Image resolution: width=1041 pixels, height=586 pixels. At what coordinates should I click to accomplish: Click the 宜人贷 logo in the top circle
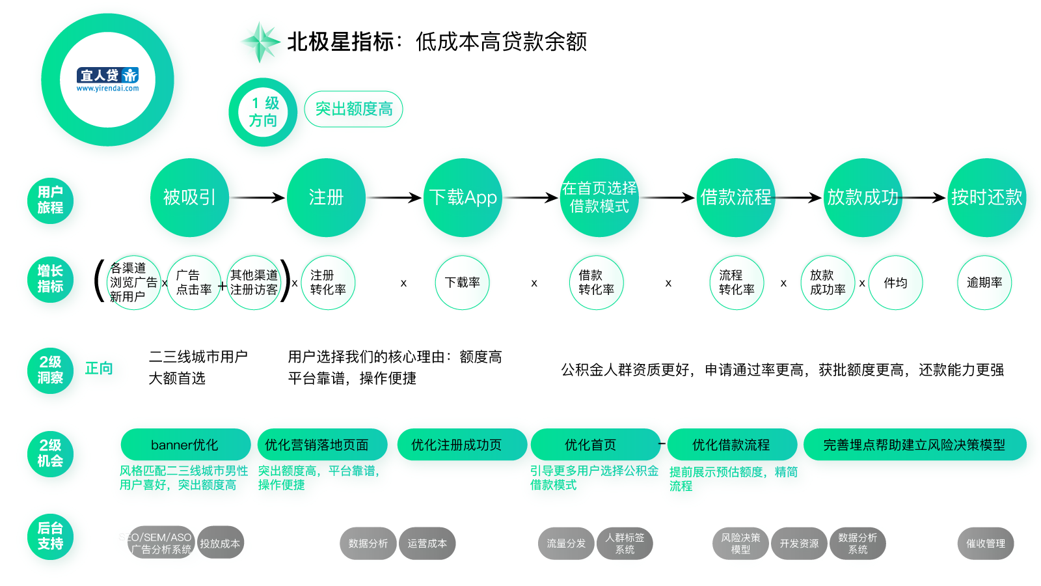click(x=107, y=79)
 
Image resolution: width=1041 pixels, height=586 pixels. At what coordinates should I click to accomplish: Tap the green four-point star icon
click(x=260, y=42)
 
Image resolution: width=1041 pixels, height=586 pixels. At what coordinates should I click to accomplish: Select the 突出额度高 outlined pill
click(x=353, y=109)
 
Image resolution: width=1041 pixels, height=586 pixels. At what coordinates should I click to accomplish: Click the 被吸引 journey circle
click(x=189, y=197)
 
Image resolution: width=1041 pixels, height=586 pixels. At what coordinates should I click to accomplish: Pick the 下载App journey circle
click(x=463, y=197)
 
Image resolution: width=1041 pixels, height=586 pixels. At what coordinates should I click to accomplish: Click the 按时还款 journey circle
click(x=986, y=197)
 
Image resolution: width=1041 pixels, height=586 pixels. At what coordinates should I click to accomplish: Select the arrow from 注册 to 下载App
click(x=394, y=197)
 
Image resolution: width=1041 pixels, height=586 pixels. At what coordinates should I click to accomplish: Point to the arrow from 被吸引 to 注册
click(x=258, y=197)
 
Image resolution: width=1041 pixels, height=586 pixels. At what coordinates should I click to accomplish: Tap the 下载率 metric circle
click(x=462, y=283)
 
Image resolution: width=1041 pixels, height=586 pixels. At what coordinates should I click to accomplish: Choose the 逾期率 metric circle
click(x=984, y=283)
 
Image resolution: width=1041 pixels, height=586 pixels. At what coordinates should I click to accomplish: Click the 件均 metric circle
click(x=895, y=283)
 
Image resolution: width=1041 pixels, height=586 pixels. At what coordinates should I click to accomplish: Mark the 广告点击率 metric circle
click(x=194, y=283)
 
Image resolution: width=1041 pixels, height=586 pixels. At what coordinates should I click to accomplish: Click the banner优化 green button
click(x=185, y=445)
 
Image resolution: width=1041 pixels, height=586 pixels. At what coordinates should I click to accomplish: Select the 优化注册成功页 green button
click(x=462, y=445)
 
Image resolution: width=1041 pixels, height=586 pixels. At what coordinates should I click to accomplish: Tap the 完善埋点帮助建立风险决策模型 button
click(x=915, y=445)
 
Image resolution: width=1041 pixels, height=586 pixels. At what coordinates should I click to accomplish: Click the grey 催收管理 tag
click(x=985, y=544)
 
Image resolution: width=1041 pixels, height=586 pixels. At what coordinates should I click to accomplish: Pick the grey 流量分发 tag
click(x=566, y=544)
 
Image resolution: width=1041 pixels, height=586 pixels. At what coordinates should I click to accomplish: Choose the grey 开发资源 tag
click(x=799, y=544)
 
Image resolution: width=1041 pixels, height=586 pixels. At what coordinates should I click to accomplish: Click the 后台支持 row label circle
click(x=50, y=536)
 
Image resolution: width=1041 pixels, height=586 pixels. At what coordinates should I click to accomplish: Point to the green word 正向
click(x=99, y=369)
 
